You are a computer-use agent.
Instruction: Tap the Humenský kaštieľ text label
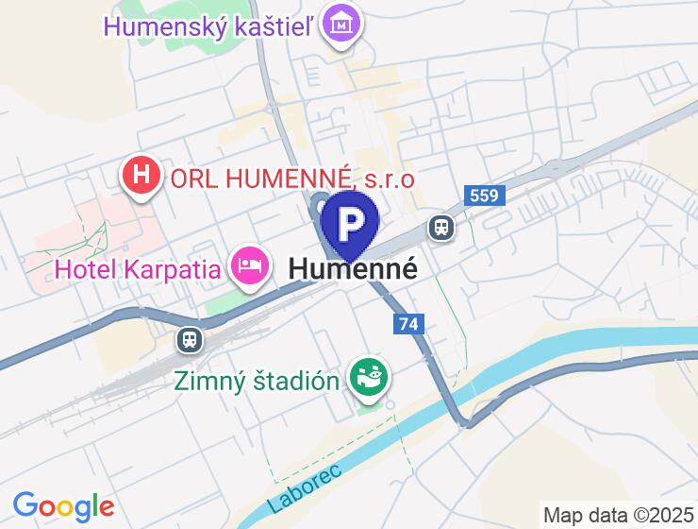tap(209, 26)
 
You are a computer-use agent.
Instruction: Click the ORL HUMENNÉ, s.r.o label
tap(292, 178)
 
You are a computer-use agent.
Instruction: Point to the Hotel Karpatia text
tap(140, 269)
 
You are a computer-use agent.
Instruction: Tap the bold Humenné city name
tap(352, 268)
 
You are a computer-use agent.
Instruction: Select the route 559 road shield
tap(486, 196)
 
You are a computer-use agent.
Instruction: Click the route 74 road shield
tap(408, 324)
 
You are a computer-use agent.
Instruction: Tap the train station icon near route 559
tap(440, 227)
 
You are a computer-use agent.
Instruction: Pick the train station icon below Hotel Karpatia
tap(190, 340)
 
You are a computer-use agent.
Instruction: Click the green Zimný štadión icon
tap(369, 379)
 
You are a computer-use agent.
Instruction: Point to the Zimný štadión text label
tap(257, 382)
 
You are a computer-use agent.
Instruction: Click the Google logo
tap(63, 507)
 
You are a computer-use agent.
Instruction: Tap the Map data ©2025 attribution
tap(617, 515)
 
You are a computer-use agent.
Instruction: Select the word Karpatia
tap(176, 269)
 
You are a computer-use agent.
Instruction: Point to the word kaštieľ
tap(269, 26)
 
